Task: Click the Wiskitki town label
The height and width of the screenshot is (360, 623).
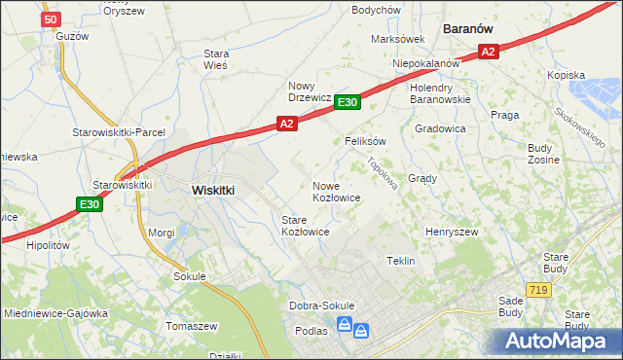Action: [213, 191]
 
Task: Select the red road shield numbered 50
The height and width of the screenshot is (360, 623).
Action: [53, 18]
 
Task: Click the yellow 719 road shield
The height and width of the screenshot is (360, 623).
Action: [537, 290]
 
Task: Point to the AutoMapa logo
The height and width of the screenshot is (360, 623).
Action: [555, 341]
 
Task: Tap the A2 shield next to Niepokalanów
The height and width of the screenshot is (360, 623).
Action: [489, 52]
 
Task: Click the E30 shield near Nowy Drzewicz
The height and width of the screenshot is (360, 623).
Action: [348, 102]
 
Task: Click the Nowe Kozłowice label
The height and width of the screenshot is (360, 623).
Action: [337, 191]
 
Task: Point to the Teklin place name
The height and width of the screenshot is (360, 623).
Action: [401, 262]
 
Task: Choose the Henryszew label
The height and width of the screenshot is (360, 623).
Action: [452, 233]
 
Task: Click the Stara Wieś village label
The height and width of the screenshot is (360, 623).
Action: [215, 59]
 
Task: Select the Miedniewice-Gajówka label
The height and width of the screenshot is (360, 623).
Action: [55, 314]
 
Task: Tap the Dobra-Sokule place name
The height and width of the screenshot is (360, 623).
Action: [322, 306]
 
